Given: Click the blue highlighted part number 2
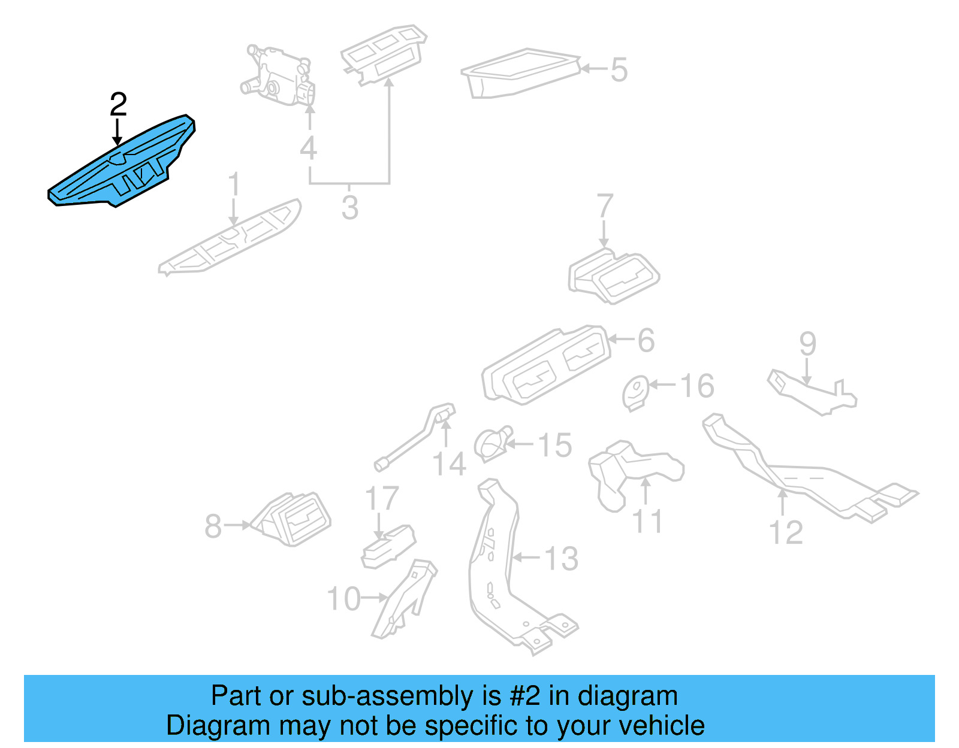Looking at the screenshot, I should click(120, 165).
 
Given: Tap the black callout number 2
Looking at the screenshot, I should click(119, 105).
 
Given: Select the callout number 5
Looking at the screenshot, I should click(619, 69).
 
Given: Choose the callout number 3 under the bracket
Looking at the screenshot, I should click(350, 207).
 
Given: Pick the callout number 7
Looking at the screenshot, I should click(605, 206).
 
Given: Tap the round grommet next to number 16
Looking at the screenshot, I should click(635, 392).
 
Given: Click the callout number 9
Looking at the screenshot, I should click(807, 344).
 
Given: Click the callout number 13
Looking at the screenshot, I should click(561, 558).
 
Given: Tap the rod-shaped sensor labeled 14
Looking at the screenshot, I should click(414, 440).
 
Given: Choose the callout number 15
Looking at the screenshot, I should click(555, 445).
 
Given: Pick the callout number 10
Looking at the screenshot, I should click(343, 598).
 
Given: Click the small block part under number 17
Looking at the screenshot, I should click(388, 546).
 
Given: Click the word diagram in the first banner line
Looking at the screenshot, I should click(628, 696).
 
